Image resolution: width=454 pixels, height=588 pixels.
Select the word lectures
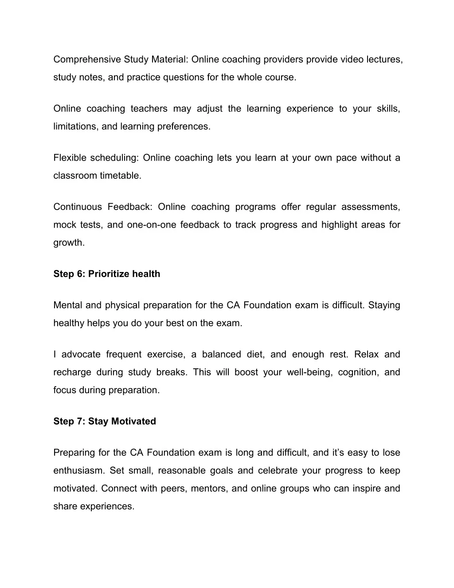point(384,59)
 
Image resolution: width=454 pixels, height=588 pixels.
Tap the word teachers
point(149,109)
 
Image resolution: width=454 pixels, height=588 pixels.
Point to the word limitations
point(75,126)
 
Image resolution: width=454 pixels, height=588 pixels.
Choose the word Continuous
point(78,207)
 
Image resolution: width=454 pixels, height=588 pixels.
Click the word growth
point(69,243)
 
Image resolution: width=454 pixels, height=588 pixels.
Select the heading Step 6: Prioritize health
point(107,274)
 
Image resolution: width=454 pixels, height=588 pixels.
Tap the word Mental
point(68,305)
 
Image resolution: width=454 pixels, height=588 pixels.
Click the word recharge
point(72,372)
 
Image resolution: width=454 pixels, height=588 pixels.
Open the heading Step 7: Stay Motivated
point(105,422)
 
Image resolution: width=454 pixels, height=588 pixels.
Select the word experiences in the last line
point(107,506)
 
